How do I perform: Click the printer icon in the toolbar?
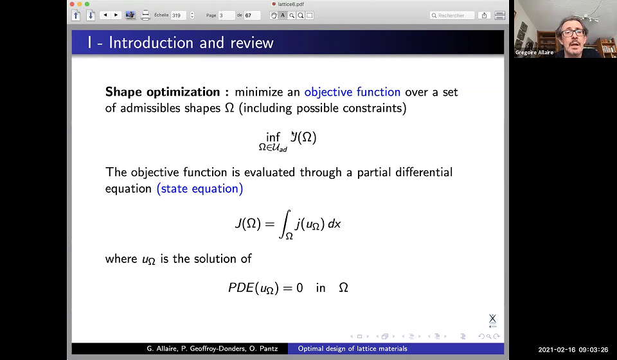[x=146, y=15]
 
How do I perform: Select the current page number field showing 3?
[x=226, y=15]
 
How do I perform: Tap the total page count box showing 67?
[x=252, y=15]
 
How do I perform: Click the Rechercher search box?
[x=452, y=15]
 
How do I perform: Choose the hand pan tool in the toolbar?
[x=273, y=15]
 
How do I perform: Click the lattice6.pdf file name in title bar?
[x=291, y=4]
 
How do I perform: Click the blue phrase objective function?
[x=352, y=92]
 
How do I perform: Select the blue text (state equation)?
[x=200, y=189]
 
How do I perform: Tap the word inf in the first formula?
[x=273, y=137]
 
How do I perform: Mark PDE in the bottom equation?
[x=241, y=287]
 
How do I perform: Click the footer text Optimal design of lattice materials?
[x=352, y=348]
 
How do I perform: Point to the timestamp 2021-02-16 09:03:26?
[x=573, y=350]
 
